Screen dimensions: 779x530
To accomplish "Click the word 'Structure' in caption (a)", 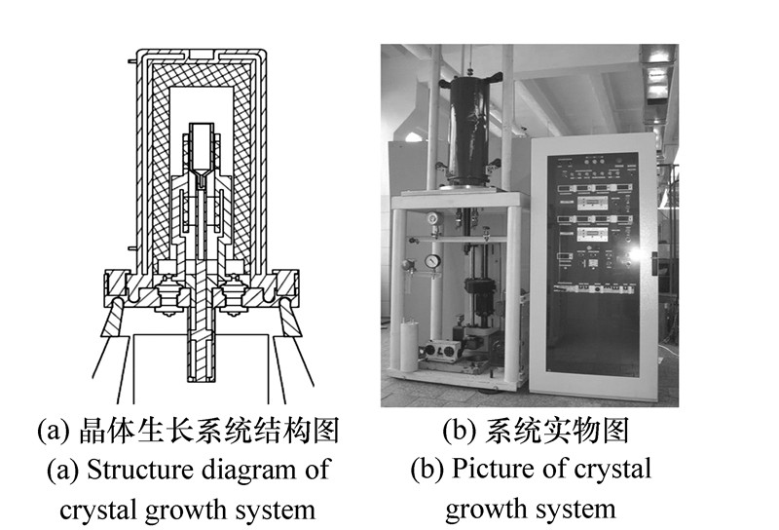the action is click(132, 469).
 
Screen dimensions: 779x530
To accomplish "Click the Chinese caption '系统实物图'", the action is click(556, 430).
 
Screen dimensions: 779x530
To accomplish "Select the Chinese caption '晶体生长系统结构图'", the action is click(209, 431).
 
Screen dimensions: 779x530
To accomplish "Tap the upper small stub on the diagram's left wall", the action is click(132, 61).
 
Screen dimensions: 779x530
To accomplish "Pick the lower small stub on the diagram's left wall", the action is click(132, 248).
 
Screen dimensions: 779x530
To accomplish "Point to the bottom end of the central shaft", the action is click(202, 380).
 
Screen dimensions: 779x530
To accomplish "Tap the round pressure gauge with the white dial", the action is click(431, 260).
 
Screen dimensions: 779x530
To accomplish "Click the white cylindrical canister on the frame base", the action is click(409, 346).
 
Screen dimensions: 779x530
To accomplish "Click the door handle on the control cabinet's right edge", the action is click(654, 264).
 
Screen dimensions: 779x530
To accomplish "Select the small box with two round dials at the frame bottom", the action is click(442, 350).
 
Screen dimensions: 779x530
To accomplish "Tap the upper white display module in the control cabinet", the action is click(592, 202).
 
